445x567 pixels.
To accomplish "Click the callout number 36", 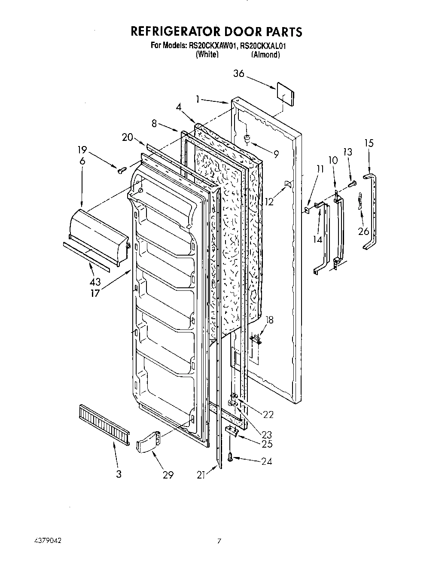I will coord(239,74).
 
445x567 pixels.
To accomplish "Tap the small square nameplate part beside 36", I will coord(285,94).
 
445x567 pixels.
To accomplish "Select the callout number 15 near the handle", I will coord(369,143).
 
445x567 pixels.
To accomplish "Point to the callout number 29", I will coord(168,475).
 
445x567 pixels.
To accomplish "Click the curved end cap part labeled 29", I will coord(147,442).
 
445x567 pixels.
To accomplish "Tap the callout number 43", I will coord(95,282).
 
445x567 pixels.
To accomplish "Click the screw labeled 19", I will coord(121,171).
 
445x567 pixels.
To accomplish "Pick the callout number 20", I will coord(127,137).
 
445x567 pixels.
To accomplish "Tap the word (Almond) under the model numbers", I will coord(265,55).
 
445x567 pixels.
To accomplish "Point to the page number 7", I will coord(219,542).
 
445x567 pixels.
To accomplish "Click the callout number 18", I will coord(269,320).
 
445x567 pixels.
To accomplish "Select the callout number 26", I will coord(363,231).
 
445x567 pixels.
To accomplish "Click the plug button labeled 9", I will coord(248,138).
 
